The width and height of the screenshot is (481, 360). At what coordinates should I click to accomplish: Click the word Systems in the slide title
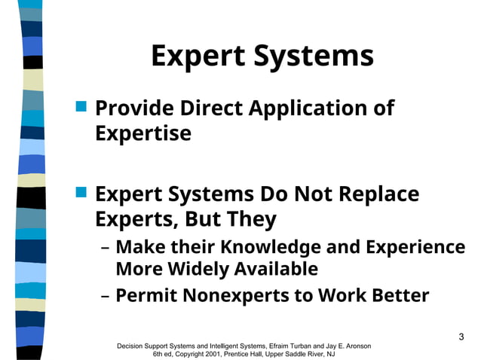point(317,57)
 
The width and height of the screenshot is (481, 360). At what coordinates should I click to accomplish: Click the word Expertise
point(143,133)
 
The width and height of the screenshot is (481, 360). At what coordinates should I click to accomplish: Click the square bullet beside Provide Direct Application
point(82,107)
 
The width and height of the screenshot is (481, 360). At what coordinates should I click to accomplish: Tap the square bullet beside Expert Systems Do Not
point(82,193)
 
